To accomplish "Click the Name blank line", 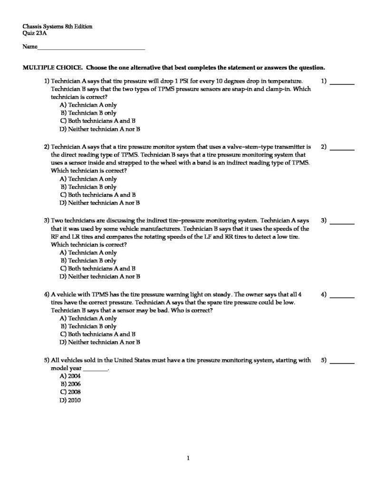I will click(x=91, y=49).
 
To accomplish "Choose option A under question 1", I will click(x=88, y=105).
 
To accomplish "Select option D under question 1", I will click(x=100, y=129).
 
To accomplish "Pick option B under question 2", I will click(x=88, y=187).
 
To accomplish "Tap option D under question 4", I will click(x=100, y=341).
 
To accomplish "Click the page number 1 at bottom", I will click(x=188, y=458).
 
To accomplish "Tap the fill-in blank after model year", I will click(x=96, y=369).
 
